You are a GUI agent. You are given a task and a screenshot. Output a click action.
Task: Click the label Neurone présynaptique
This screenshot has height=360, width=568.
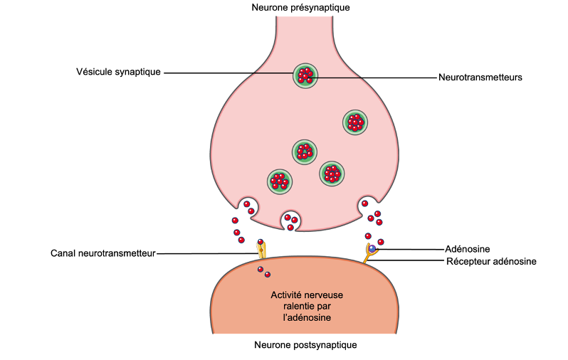click(x=300, y=7)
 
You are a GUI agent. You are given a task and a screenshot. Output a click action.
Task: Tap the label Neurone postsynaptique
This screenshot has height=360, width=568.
click(x=305, y=345)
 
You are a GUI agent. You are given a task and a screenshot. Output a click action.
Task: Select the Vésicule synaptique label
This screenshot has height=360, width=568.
click(x=118, y=72)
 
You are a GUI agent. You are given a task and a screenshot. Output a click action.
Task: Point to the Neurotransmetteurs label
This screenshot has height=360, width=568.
click(x=480, y=78)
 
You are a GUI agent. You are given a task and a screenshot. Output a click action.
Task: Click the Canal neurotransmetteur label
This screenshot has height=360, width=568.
click(x=103, y=253)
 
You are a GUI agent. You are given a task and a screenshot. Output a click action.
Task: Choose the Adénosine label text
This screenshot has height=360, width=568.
click(x=467, y=249)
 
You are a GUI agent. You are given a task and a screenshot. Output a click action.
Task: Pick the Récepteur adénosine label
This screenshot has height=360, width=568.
click(x=491, y=261)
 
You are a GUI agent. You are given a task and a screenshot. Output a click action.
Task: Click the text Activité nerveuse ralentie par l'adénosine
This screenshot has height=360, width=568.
click(x=302, y=307)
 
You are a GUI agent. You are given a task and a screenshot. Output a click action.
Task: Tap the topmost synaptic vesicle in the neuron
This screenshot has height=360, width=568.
click(x=305, y=75)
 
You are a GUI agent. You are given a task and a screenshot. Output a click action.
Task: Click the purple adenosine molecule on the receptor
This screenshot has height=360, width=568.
click(x=372, y=248)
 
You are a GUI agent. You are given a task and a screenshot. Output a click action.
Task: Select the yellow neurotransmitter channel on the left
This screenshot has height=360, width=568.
click(x=262, y=250)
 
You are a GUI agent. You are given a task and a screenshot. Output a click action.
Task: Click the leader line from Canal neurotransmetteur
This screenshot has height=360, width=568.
click(x=206, y=253)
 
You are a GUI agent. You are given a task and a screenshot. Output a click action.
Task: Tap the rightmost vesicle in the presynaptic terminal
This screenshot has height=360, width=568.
click(x=354, y=122)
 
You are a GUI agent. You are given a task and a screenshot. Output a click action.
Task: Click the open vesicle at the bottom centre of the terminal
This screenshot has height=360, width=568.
click(x=290, y=221)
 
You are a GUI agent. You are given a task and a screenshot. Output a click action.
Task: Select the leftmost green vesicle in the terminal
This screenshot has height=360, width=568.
click(x=280, y=181)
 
